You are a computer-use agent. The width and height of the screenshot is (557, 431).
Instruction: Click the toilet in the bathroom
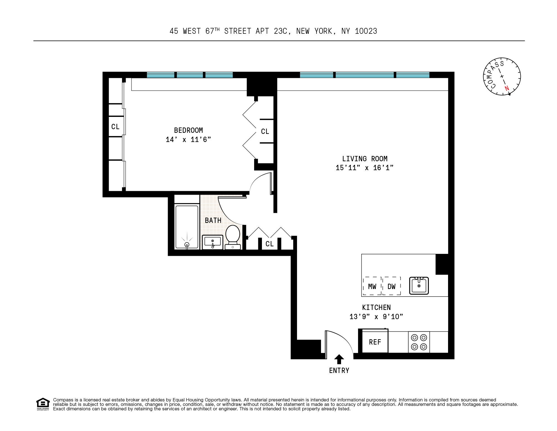tap(233, 237)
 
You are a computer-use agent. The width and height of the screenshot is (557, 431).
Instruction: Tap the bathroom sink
tap(213, 242)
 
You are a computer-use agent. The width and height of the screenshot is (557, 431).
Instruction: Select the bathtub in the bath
tap(187, 227)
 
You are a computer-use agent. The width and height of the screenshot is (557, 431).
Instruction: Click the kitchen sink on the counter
tap(419, 286)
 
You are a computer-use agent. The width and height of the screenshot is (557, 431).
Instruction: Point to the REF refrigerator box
tap(375, 342)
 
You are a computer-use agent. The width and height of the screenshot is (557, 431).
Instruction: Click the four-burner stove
tap(419, 342)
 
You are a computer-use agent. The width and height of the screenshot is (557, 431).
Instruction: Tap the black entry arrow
tap(339, 359)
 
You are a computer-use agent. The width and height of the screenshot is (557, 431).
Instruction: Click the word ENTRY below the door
tap(339, 371)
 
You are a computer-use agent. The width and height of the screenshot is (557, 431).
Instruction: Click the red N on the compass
tap(507, 88)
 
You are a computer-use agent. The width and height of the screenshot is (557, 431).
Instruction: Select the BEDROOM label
tap(188, 130)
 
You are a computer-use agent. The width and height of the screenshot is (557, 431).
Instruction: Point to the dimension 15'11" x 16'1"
tap(364, 168)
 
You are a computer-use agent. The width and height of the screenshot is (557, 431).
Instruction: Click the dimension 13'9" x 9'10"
tap(376, 317)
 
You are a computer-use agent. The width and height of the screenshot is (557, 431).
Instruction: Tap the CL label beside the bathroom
tap(269, 244)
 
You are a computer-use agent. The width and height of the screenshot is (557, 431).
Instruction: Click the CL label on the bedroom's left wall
tap(115, 127)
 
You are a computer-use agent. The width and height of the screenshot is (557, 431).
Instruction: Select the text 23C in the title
tap(280, 31)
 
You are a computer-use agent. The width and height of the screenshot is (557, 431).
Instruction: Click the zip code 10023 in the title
tap(366, 31)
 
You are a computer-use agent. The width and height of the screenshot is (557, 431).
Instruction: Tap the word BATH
tap(213, 221)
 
